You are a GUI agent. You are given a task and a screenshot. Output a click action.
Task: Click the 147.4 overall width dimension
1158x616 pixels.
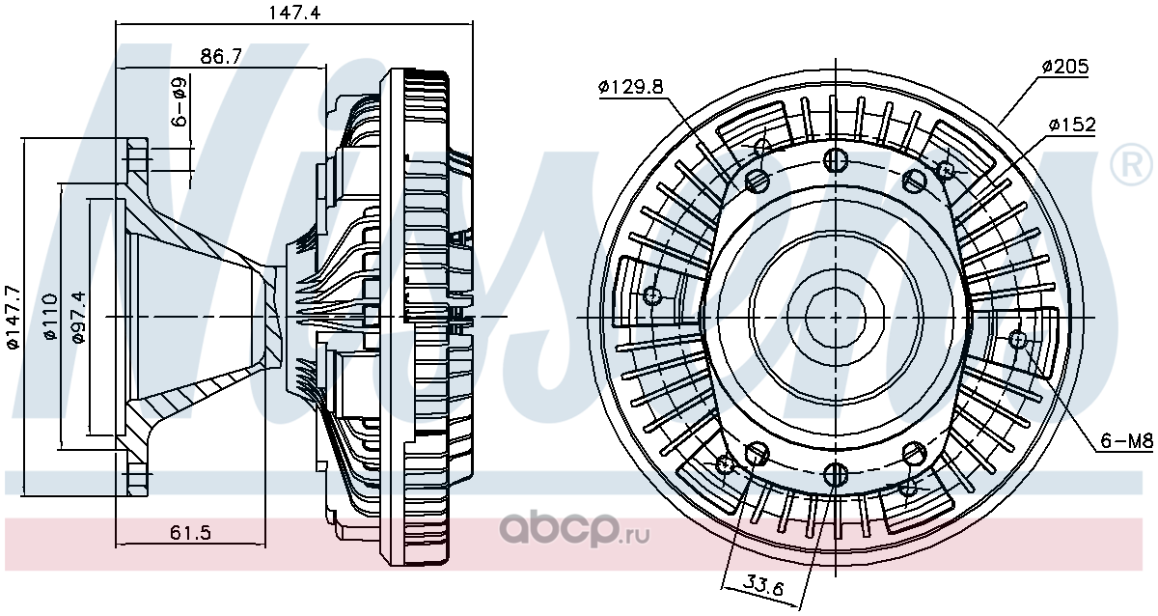(x=294, y=12)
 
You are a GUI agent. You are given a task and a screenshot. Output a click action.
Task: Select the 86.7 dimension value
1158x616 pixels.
(x=221, y=56)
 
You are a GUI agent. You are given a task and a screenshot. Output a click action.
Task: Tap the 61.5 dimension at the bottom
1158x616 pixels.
(x=190, y=533)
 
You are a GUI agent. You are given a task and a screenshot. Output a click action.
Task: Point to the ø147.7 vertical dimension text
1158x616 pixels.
(x=13, y=317)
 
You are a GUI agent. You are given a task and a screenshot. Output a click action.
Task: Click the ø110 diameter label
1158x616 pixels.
(x=50, y=317)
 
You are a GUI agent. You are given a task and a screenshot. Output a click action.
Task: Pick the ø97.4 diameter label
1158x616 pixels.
(x=78, y=317)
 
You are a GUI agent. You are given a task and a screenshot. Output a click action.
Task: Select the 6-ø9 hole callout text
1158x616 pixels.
(x=179, y=102)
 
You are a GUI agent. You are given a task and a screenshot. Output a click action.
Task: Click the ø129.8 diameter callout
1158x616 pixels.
(x=631, y=86)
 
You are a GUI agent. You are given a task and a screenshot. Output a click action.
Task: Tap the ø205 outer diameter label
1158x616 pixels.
(x=1065, y=67)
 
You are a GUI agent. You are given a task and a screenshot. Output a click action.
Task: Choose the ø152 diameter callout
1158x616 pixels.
(x=1072, y=125)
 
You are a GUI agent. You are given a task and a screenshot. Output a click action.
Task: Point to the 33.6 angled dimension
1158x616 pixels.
(x=763, y=585)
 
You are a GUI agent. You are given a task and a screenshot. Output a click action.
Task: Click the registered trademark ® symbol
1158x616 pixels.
(x=1132, y=164)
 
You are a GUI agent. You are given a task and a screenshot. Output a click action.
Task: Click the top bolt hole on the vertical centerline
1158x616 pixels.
(x=836, y=159)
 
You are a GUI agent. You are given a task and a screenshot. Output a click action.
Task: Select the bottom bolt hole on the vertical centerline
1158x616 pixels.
(x=836, y=474)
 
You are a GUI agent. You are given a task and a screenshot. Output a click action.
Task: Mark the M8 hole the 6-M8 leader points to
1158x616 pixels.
(x=1017, y=340)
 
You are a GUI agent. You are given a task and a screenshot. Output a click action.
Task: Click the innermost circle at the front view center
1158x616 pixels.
(x=836, y=317)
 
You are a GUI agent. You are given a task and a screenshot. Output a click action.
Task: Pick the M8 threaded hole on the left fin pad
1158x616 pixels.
(x=653, y=295)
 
